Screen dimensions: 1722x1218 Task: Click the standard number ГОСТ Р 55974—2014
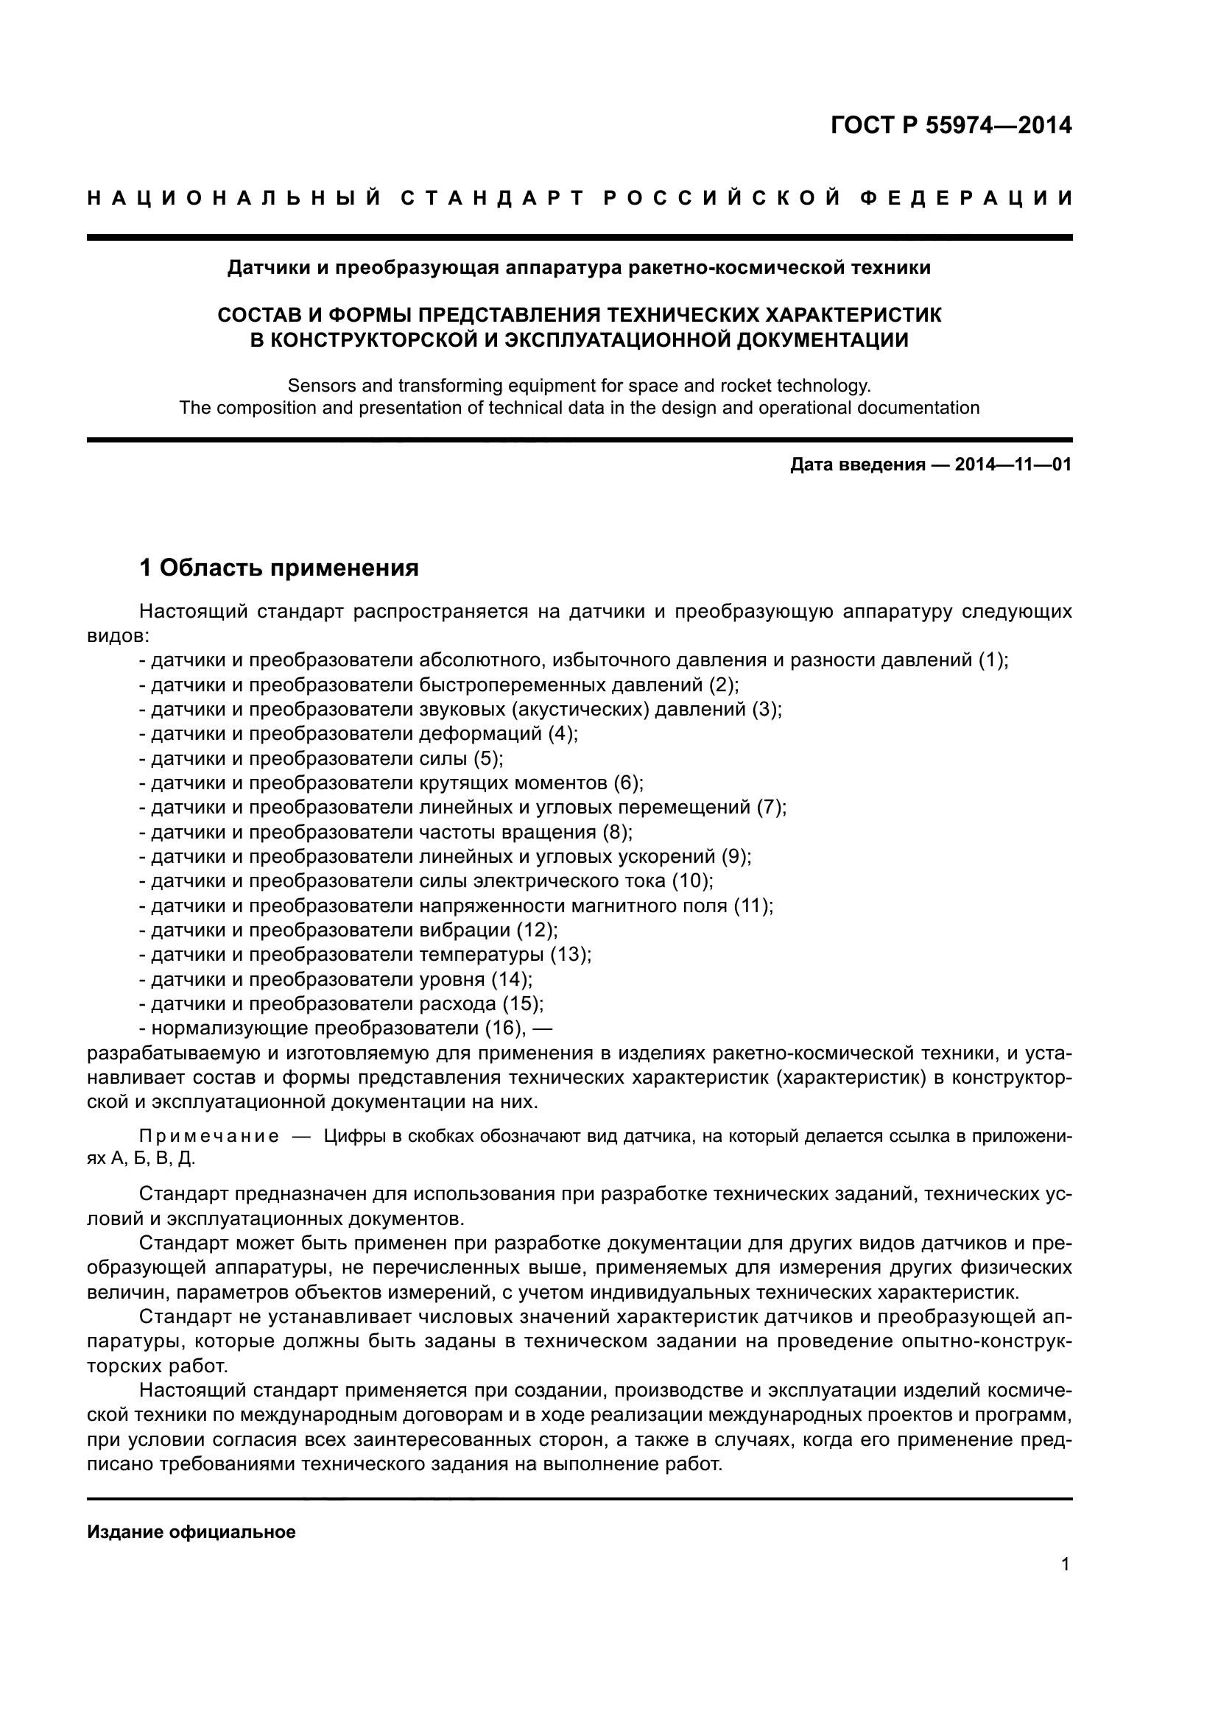[951, 125]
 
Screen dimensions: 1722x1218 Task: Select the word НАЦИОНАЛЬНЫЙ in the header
[233, 198]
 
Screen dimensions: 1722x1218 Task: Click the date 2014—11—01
[1013, 465]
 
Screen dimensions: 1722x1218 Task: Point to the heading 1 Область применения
[279, 568]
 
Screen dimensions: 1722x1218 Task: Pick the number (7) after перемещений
[770, 808]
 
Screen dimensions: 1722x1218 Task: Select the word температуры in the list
[481, 955]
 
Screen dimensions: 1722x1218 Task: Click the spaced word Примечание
[209, 1137]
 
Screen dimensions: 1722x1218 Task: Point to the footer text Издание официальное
[191, 1532]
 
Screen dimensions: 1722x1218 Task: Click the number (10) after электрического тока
[689, 881]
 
